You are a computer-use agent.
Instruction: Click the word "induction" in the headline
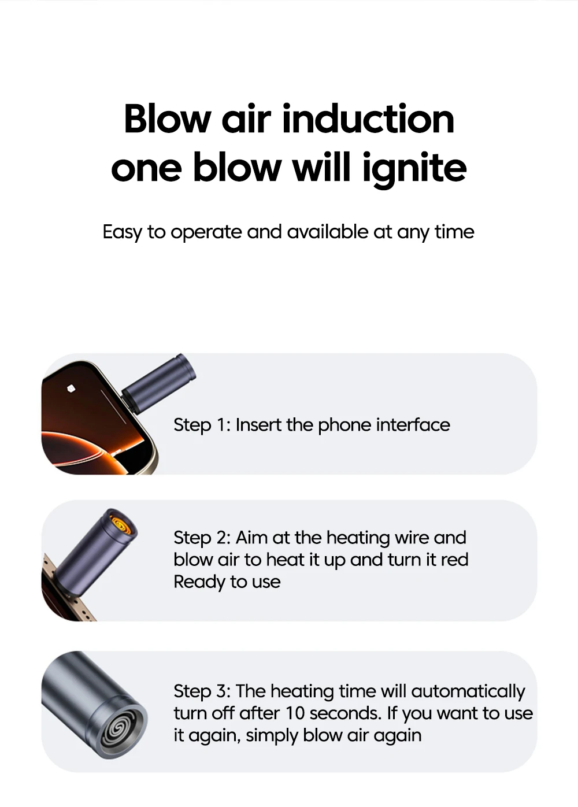pyautogui.click(x=368, y=119)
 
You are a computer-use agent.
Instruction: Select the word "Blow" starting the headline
pyautogui.click(x=168, y=119)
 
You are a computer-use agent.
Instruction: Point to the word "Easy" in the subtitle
pyautogui.click(x=122, y=232)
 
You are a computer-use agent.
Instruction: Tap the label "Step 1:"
pyautogui.click(x=202, y=425)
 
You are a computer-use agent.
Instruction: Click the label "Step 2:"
pyautogui.click(x=202, y=538)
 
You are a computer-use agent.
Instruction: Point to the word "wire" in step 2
pyautogui.click(x=412, y=538)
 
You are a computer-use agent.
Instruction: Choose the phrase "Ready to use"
pyautogui.click(x=227, y=582)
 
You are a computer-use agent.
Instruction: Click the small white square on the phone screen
pyautogui.click(x=71, y=388)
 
